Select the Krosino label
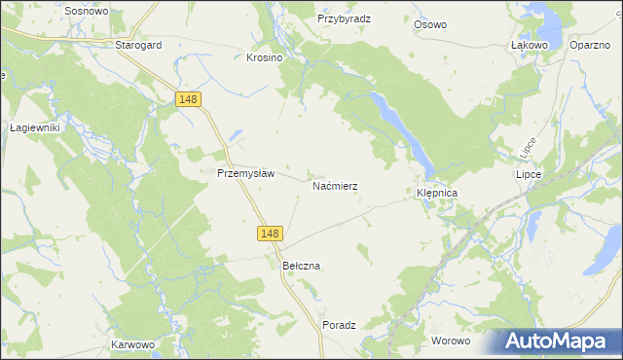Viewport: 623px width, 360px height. (264, 57)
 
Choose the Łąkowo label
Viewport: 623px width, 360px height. (530, 45)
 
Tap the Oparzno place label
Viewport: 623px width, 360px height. (590, 45)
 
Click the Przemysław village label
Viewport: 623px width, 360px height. (246, 173)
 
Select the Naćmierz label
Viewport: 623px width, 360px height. (335, 184)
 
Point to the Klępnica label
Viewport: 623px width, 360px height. (437, 194)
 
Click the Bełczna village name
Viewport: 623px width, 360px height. (301, 266)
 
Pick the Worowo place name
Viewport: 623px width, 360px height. (451, 341)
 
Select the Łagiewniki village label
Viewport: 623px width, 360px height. (35, 127)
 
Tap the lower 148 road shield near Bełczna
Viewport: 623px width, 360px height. (271, 234)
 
